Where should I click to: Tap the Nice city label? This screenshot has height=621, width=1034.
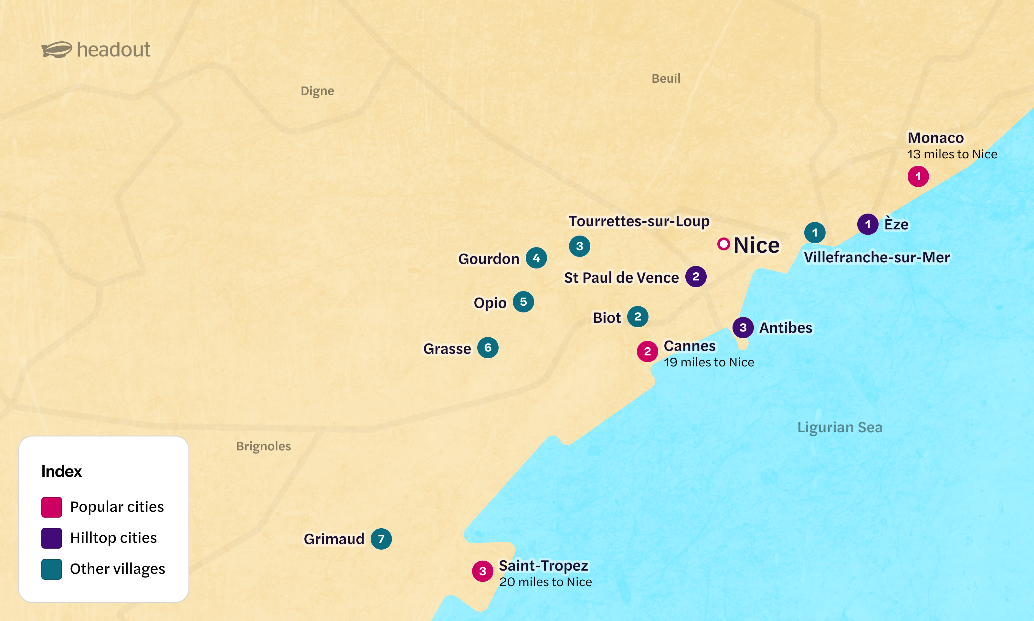click(x=756, y=245)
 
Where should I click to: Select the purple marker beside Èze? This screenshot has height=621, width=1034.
click(x=868, y=224)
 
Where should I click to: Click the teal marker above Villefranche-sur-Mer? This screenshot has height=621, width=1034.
click(x=814, y=232)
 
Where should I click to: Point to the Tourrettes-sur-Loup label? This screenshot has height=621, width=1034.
click(x=638, y=221)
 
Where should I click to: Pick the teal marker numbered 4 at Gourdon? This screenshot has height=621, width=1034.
click(x=536, y=258)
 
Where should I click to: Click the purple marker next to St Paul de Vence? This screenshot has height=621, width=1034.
click(x=695, y=277)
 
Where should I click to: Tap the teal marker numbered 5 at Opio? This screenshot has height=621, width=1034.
click(x=523, y=302)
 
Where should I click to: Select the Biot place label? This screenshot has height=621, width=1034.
click(x=606, y=318)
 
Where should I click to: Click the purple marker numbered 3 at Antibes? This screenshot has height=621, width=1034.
click(x=743, y=327)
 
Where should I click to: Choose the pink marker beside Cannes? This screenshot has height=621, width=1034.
click(x=647, y=352)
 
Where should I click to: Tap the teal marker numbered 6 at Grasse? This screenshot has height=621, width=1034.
click(x=488, y=348)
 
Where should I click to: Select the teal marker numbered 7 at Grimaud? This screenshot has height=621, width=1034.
click(x=381, y=539)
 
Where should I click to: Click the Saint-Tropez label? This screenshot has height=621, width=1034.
click(x=543, y=565)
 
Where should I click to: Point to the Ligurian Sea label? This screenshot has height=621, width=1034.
click(x=839, y=427)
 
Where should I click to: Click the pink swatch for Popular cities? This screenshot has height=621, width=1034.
click(x=51, y=507)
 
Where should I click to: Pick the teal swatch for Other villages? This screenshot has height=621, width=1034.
click(x=51, y=569)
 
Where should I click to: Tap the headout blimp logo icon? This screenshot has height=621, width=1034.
click(x=57, y=50)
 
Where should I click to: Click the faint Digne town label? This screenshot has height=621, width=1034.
click(x=317, y=91)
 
